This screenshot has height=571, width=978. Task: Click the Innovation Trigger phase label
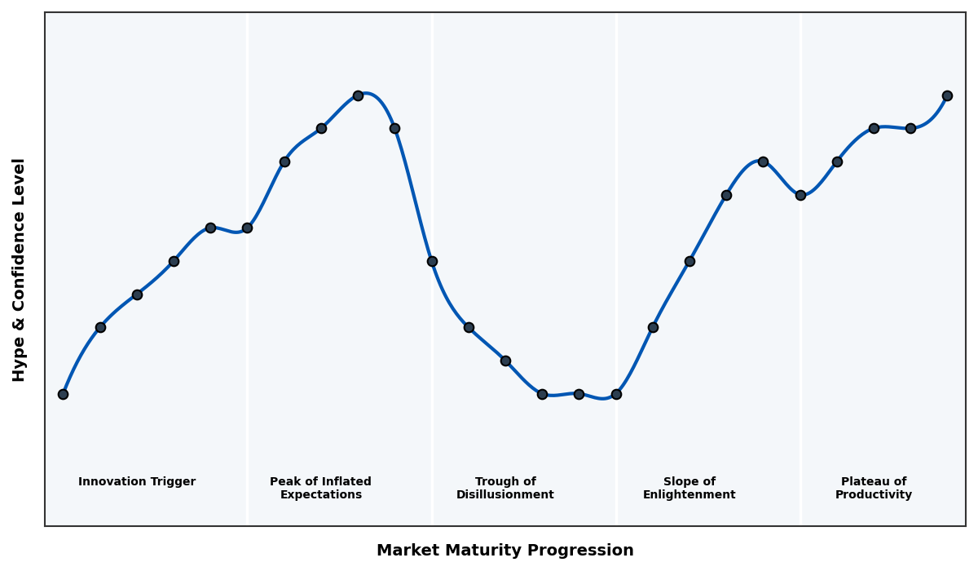tap(137, 482)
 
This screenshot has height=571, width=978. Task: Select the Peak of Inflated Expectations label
tap(320, 489)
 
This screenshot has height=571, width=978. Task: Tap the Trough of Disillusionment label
tap(504, 489)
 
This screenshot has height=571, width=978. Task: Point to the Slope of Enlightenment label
tap(689, 489)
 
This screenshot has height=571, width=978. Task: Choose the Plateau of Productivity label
tap(873, 489)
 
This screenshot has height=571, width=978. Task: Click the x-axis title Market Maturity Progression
tap(504, 551)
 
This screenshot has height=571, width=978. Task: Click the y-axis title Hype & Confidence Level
tap(20, 269)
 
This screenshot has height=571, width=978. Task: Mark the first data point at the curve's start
tap(63, 394)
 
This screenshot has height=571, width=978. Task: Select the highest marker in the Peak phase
tap(358, 95)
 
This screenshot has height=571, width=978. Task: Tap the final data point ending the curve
tap(947, 95)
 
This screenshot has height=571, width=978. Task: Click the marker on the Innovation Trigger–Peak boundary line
tap(247, 228)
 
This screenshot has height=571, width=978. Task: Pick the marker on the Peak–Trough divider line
tap(432, 261)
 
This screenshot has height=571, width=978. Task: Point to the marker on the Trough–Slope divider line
tap(616, 394)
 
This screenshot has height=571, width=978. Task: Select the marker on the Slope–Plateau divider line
tap(800, 195)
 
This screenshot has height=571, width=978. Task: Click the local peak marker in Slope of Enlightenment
tap(763, 162)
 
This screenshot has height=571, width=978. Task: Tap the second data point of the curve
tap(100, 327)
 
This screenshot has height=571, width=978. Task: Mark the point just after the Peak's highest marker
tap(394, 128)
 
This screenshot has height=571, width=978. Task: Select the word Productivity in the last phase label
tap(873, 495)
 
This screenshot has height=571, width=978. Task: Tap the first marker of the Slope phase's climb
tap(653, 327)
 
